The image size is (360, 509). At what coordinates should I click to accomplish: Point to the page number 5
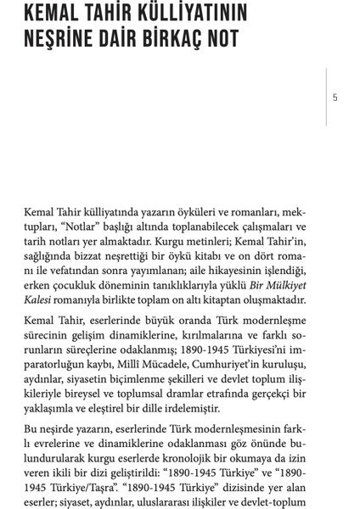pos(335,98)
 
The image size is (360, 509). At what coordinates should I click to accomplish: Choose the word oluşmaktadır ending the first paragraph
pos(270,299)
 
